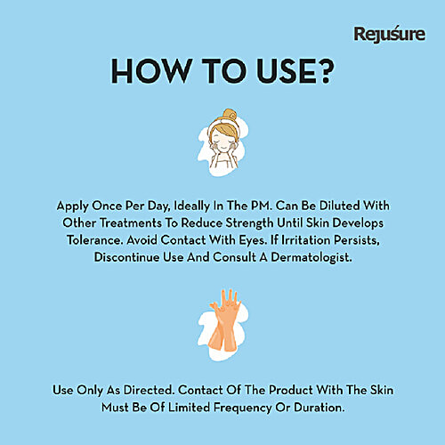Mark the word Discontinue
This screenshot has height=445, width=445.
point(132,257)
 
